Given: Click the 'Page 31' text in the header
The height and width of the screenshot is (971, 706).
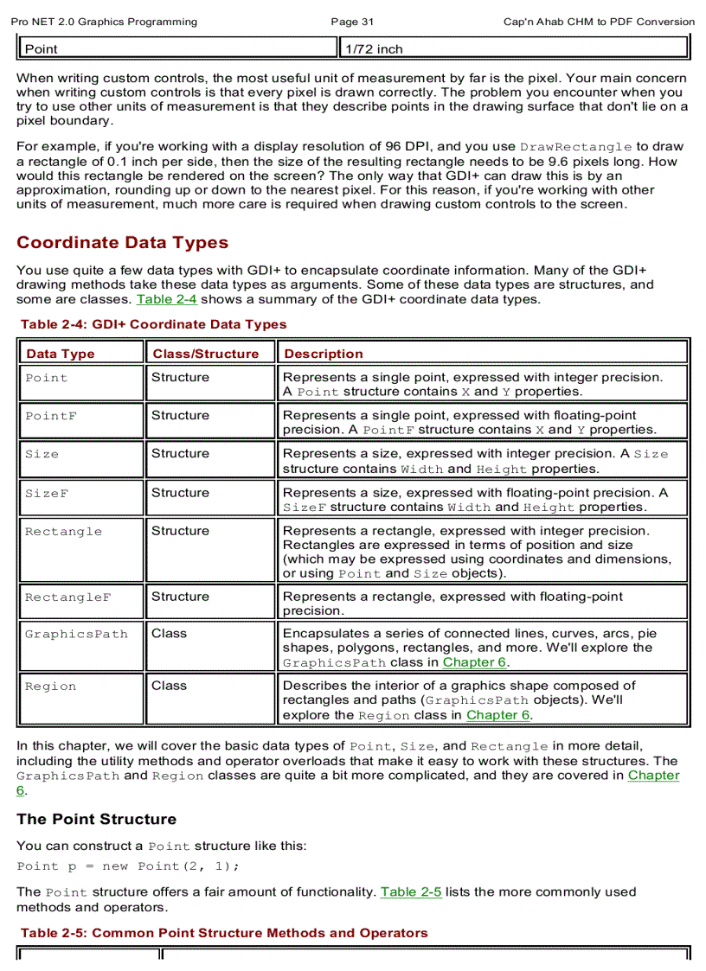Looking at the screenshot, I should (352, 22).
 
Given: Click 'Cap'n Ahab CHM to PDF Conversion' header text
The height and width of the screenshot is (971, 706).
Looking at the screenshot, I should (599, 22).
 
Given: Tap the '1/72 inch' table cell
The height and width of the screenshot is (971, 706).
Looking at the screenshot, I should (374, 49).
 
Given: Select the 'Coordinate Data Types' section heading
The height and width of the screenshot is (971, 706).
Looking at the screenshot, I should (122, 242).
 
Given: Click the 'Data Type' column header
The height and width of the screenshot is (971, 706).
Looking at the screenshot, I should (61, 354).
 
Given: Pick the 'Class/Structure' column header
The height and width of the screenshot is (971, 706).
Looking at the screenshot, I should (206, 354).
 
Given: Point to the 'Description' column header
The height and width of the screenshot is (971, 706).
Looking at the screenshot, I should (324, 354).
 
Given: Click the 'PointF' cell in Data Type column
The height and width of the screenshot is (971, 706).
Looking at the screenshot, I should (51, 416).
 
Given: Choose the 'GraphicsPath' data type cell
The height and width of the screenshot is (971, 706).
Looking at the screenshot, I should (76, 634).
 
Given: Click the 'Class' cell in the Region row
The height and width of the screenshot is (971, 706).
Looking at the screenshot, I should (169, 686).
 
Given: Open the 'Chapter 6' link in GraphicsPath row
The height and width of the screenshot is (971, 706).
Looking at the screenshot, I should (474, 662).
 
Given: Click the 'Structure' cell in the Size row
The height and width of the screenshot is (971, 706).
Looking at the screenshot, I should (180, 454).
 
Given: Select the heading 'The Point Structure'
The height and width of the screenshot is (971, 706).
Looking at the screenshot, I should (96, 819).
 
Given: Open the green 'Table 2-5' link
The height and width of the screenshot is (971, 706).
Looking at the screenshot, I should (410, 891).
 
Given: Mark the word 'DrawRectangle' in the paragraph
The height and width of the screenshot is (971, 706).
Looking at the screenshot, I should (577, 147).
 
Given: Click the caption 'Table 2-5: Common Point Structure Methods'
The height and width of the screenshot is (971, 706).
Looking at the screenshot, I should (223, 933).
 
